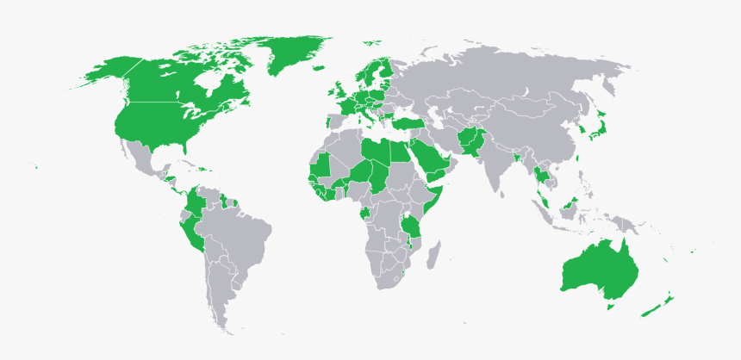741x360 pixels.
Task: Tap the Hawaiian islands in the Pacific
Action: pos(36,166)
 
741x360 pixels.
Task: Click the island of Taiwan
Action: pos(574,158)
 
